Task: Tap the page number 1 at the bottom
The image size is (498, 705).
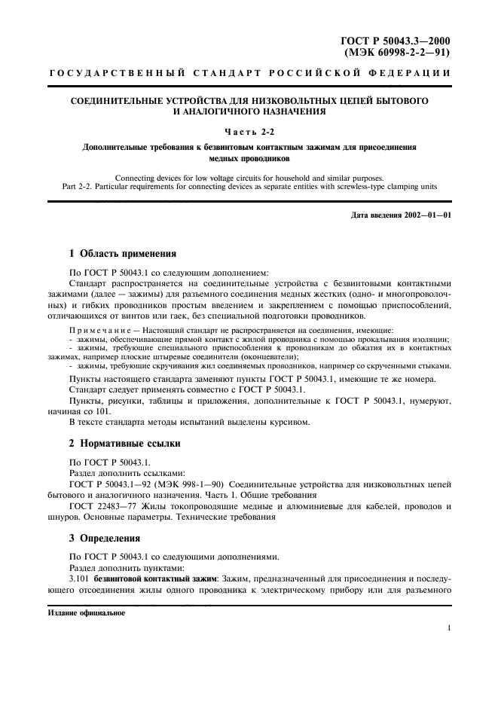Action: tap(448, 627)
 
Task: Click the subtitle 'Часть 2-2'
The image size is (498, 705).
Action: tap(248, 132)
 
